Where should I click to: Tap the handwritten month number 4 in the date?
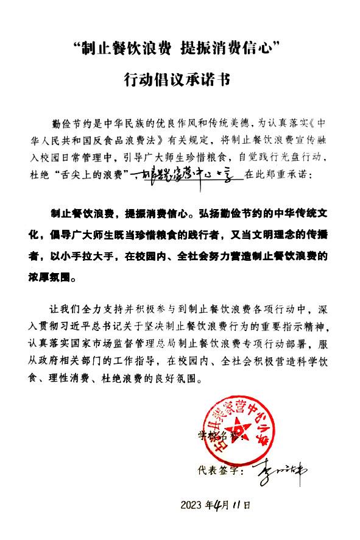point(219,504)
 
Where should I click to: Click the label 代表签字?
point(211,471)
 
